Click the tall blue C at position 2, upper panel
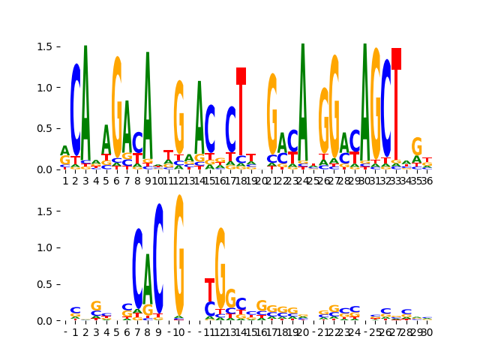[x=76, y=112]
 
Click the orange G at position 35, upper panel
[x=417, y=147]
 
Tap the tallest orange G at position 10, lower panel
[x=179, y=255]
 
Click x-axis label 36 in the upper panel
[x=427, y=181]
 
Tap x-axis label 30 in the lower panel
[x=427, y=332]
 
